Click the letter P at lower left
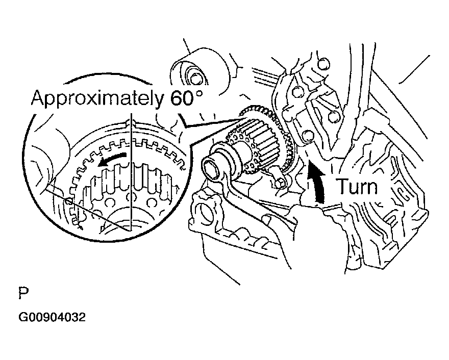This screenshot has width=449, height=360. (x=24, y=293)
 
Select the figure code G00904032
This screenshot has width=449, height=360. (x=52, y=317)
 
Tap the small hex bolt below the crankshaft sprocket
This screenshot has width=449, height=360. (x=280, y=183)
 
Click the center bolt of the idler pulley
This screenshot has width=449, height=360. (x=196, y=79)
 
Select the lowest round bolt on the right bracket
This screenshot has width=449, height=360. (x=307, y=136)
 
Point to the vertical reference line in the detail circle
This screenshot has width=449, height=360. (x=131, y=172)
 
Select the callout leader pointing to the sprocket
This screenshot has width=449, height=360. (x=212, y=122)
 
